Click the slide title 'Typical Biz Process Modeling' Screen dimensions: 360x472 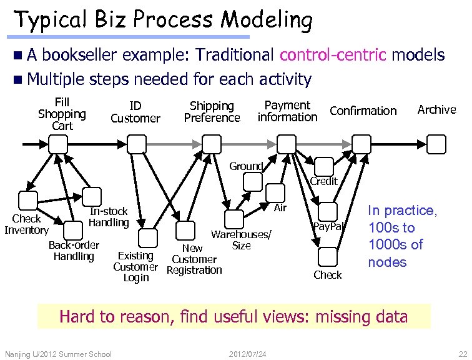pos(163,20)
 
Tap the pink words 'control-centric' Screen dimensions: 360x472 pos(333,55)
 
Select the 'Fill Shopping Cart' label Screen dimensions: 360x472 pos(62,114)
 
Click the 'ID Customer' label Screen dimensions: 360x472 pos(135,112)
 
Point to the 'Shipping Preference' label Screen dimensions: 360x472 pos(212,112)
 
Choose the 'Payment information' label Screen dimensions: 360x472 pos(287,111)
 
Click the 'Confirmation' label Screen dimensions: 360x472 pos(363,111)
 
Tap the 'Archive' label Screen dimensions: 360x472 pos(436,109)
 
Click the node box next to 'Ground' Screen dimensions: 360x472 pos(253,181)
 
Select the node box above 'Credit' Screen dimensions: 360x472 pos(324,166)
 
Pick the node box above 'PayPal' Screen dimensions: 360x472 pos(328,212)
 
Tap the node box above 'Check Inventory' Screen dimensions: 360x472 pos(28,201)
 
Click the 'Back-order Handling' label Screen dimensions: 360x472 pos(74,250)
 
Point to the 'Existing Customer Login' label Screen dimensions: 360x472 pos(135,266)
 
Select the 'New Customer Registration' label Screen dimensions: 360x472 pos(194,259)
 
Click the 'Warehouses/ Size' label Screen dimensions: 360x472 pos(241,240)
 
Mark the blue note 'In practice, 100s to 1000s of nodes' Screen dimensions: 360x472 pos(403,236)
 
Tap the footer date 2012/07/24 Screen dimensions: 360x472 pos(248,354)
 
